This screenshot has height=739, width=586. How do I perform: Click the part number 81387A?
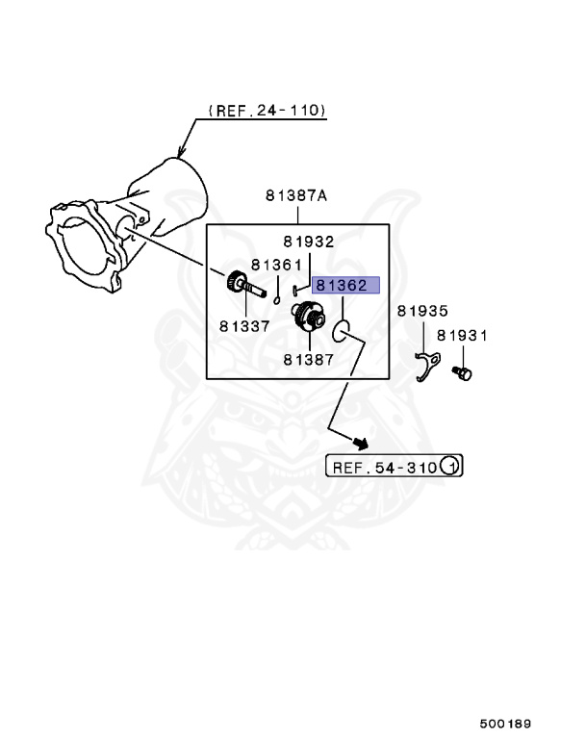[x=296, y=196]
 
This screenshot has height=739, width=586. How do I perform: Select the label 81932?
[x=308, y=242]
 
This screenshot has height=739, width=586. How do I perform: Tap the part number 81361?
[x=276, y=265]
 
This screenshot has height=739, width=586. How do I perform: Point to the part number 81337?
[x=243, y=325]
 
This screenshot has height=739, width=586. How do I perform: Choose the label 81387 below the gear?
[x=308, y=359]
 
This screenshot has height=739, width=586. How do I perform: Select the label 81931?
[x=463, y=336]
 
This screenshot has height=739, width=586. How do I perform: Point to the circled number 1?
[x=450, y=468]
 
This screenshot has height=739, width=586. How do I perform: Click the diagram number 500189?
[x=506, y=723]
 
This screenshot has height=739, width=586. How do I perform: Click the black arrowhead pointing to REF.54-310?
[x=361, y=442]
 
